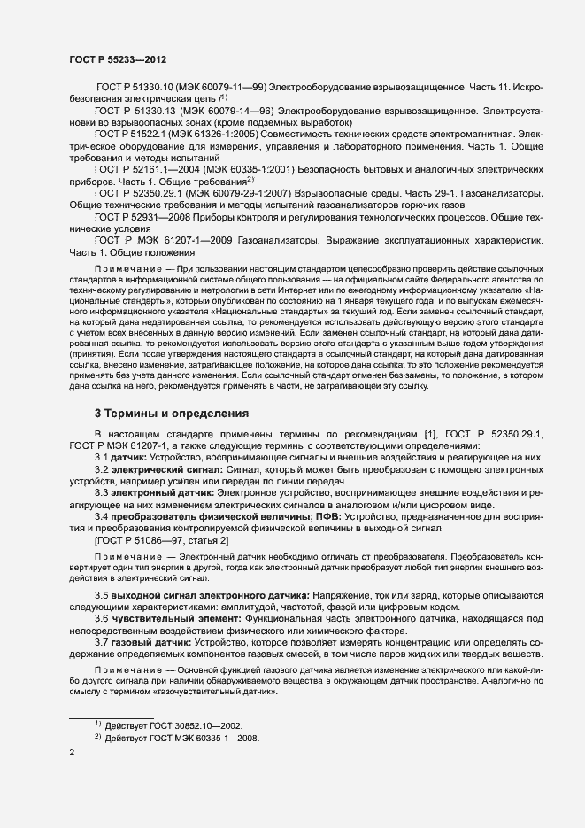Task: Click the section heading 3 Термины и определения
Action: (x=164, y=414)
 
